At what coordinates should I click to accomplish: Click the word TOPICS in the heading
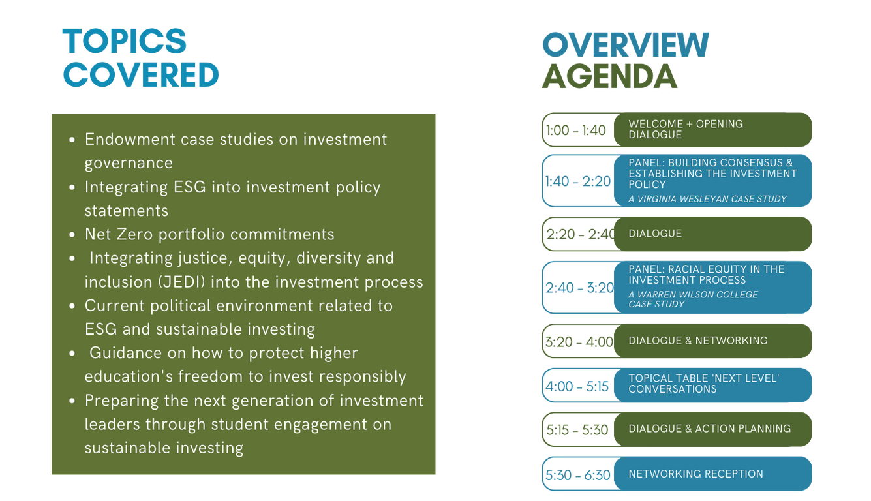click(125, 41)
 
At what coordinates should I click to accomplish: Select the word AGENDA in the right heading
click(609, 76)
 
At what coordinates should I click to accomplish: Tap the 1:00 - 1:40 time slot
click(576, 130)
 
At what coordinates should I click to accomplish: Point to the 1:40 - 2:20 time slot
click(578, 181)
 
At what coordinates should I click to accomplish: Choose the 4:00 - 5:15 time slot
click(577, 386)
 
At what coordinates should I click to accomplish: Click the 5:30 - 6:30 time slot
click(578, 475)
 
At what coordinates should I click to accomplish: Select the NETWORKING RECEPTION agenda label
click(695, 474)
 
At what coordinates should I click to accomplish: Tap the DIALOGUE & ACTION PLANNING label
click(710, 429)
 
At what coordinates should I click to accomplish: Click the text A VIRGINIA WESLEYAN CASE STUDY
click(707, 199)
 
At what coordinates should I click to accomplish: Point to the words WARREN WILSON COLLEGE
click(697, 295)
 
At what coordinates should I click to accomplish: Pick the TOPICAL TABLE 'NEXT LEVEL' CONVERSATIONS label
click(704, 384)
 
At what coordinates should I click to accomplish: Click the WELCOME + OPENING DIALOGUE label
click(686, 129)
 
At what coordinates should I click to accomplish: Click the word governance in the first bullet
click(129, 164)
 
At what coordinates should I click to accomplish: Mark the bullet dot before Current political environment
click(72, 306)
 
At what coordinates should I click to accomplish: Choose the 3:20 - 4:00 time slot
click(579, 342)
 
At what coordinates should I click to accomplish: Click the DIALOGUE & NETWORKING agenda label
click(698, 341)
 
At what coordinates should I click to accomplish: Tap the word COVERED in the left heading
click(141, 74)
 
